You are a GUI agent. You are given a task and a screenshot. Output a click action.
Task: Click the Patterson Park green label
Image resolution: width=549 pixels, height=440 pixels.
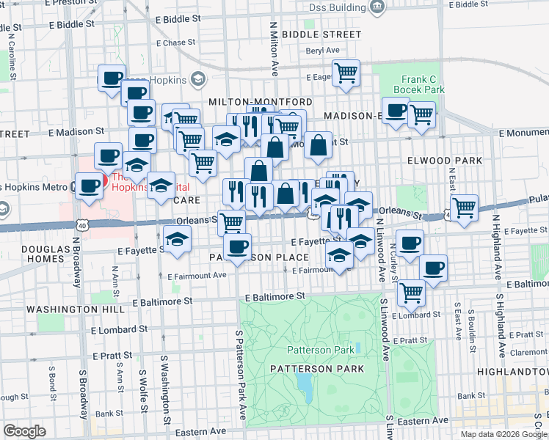click(x=321, y=350)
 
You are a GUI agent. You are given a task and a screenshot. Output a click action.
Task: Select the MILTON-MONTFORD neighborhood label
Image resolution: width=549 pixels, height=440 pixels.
click(x=261, y=102)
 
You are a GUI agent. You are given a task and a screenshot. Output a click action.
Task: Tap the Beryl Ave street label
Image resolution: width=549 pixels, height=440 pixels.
click(x=323, y=51)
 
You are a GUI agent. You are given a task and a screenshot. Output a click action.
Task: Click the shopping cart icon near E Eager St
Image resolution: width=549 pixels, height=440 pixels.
click(x=345, y=73)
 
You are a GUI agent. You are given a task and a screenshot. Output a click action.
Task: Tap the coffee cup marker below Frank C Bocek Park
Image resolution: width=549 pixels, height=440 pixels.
click(x=396, y=111)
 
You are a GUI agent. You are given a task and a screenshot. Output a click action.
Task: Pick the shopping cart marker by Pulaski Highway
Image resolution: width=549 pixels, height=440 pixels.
click(x=464, y=208)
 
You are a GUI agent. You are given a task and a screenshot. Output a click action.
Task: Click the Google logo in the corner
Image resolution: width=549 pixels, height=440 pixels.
click(x=25, y=431)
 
